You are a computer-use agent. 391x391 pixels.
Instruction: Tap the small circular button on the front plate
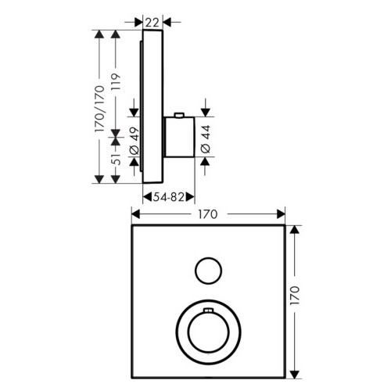[208, 271]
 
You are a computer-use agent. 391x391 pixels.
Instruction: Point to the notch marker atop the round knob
[207, 313]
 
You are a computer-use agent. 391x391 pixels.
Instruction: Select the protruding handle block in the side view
[179, 138]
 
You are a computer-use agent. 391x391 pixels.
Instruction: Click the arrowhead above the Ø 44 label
[205, 113]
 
